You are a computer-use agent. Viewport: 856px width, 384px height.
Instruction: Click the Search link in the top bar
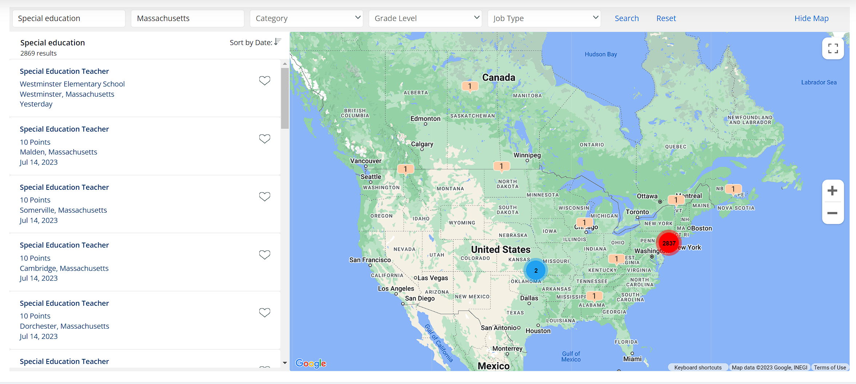coord(627,18)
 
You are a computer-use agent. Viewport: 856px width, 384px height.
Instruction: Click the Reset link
coord(666,18)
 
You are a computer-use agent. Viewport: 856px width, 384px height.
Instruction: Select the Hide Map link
coord(811,18)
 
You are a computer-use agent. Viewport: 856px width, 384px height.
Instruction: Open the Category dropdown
coord(306,18)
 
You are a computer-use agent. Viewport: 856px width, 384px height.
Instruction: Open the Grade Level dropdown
coord(425,18)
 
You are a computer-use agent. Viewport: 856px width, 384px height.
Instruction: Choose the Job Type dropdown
coord(544,18)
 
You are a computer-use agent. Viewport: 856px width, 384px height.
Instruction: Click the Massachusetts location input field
coord(187,18)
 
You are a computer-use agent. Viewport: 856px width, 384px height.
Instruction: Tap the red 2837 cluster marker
coord(669,243)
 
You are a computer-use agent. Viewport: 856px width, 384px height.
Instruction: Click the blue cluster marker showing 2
coord(536,271)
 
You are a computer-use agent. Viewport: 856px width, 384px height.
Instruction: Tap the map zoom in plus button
coord(832,191)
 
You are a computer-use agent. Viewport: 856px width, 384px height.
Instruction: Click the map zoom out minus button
coord(832,213)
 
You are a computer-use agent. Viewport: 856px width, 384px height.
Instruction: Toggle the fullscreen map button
coord(833,48)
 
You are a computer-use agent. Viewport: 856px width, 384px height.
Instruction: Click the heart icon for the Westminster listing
coord(264,80)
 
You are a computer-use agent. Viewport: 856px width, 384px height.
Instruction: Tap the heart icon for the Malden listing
coord(264,139)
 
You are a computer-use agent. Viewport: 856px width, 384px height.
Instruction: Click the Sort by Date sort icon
coord(278,42)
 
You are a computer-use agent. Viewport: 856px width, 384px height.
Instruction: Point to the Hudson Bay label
coord(600,54)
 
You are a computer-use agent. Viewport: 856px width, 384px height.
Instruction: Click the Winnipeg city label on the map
coord(527,155)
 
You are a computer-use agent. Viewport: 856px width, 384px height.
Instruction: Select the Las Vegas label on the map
coord(432,278)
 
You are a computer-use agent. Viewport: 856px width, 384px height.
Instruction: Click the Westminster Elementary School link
coord(72,84)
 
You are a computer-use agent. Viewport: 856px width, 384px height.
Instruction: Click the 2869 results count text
coord(39,53)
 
